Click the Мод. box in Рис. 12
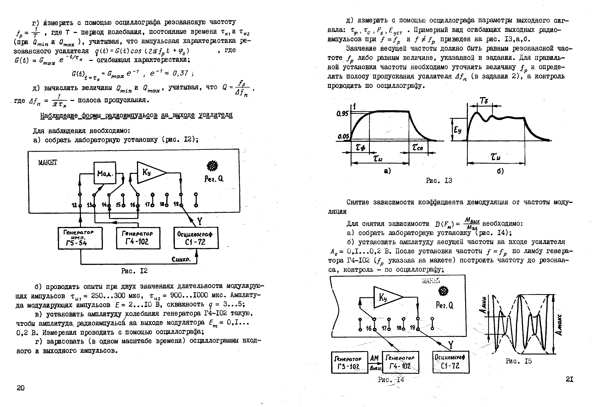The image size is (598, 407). tap(105, 173)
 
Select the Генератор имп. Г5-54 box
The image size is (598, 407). tap(80, 238)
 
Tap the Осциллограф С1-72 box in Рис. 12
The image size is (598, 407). tap(196, 238)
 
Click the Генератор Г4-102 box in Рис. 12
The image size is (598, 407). tap(138, 238)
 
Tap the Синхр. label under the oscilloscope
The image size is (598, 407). tap(181, 259)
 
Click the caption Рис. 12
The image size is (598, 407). tap(134, 271)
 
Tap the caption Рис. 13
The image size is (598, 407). tap(439, 181)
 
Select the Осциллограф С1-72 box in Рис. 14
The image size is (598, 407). tap(451, 362)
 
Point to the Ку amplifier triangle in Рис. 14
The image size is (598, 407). tap(386, 297)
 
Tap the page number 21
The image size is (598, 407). tap(570, 379)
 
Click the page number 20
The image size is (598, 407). tap(21, 388)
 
